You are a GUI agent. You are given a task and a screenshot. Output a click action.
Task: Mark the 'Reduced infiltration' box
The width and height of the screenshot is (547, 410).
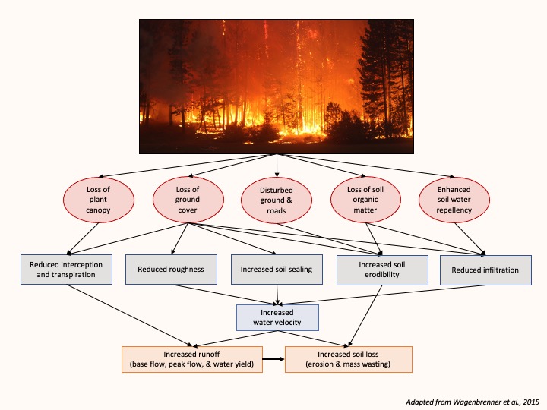485,270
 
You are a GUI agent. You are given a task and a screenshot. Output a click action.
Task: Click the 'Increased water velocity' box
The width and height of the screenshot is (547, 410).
277,318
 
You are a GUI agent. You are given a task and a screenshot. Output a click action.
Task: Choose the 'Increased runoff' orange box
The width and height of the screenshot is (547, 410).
191,359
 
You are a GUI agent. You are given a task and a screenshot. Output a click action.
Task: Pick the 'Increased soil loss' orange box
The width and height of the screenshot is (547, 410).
348,359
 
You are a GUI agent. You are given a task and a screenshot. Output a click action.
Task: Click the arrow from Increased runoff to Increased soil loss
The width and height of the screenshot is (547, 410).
273,358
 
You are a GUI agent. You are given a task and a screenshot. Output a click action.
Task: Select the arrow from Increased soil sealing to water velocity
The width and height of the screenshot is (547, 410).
277,294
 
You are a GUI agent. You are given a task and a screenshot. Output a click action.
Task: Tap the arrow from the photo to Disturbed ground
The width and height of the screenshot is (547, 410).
277,165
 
